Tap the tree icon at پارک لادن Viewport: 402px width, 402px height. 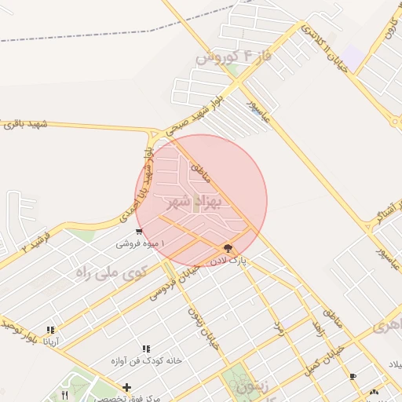click(228, 248)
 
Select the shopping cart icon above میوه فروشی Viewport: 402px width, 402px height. click(139, 232)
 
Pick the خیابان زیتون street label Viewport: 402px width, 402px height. click(200, 328)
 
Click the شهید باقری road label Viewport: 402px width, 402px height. click(25, 124)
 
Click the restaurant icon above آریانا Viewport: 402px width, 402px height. click(51, 331)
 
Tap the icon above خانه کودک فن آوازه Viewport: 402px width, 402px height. click(146, 349)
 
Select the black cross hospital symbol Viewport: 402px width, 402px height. click(127, 387)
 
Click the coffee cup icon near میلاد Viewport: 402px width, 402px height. click(353, 376)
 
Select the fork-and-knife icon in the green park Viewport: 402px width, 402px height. click(64, 395)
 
